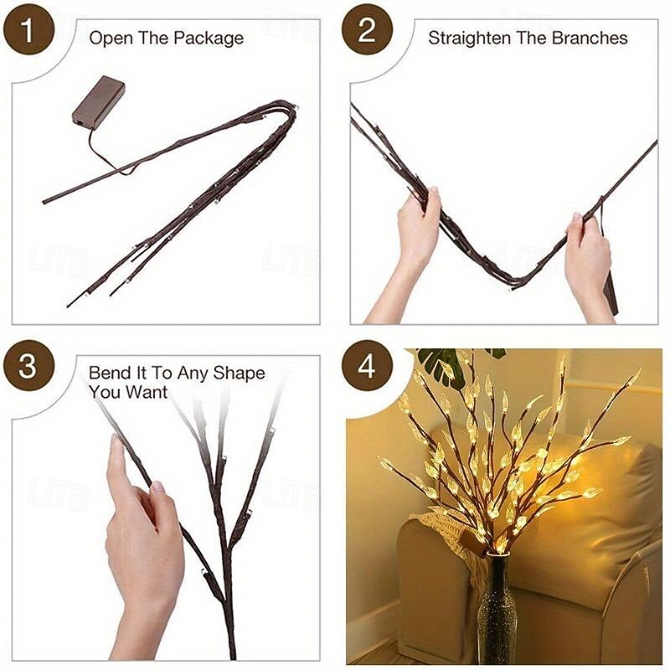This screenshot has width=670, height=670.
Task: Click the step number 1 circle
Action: pos(28,33)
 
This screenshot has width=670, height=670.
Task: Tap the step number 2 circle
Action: pos(367,33)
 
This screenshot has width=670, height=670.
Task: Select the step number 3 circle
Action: pos(28,368)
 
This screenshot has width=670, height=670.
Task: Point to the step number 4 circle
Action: pos(367,368)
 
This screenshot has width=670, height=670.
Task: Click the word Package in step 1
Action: pos(211,39)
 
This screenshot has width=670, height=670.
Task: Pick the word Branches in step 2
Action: pos(593,39)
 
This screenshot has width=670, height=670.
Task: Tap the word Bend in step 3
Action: pos(108,374)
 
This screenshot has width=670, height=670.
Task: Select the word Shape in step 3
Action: pos(241,374)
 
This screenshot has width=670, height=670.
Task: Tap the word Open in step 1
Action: pos(106,39)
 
